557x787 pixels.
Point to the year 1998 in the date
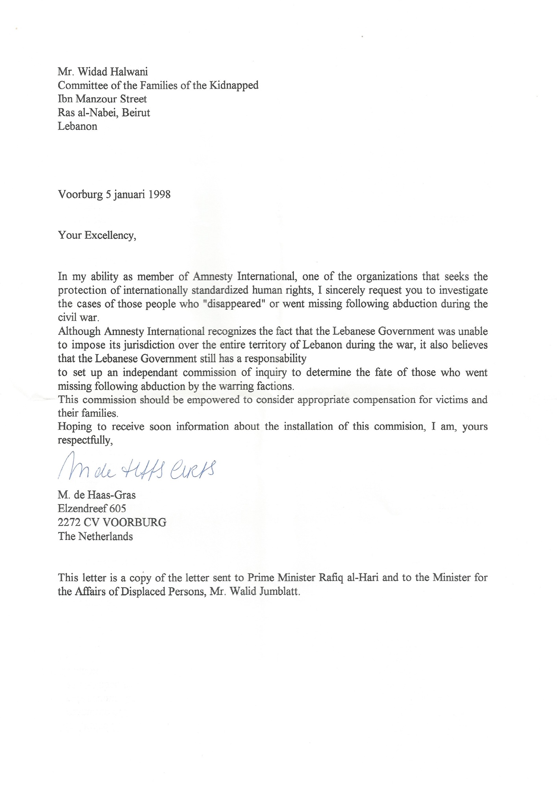click(x=159, y=194)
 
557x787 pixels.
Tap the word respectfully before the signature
click(x=85, y=441)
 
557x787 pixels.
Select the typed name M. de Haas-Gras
click(x=97, y=495)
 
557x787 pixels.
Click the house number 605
click(x=118, y=509)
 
